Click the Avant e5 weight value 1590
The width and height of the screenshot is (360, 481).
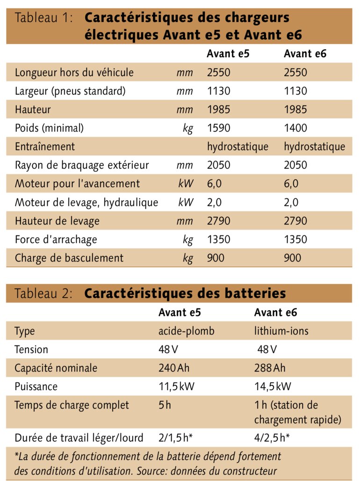coord(219,128)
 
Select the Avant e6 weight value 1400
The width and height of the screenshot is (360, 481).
coord(295,128)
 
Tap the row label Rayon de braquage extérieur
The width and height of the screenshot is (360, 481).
coord(82,165)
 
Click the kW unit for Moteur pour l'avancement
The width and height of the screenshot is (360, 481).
coord(185,184)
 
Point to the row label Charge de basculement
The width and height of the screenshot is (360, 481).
coord(69,258)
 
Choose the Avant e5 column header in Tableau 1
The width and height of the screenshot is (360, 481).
coord(228,54)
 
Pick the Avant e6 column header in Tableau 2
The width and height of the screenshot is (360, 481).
coord(275,313)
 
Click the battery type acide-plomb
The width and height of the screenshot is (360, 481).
coord(186,331)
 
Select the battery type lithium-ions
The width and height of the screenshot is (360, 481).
coord(281,331)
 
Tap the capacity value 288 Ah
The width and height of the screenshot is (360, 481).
coord(270,368)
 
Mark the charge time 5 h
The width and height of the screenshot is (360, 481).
coord(165,405)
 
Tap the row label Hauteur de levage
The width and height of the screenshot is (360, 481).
coord(57,221)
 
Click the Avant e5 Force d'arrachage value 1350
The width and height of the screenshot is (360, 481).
coord(219,240)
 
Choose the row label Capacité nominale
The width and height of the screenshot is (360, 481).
coord(56,368)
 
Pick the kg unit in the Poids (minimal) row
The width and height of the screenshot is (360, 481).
coord(188,129)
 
